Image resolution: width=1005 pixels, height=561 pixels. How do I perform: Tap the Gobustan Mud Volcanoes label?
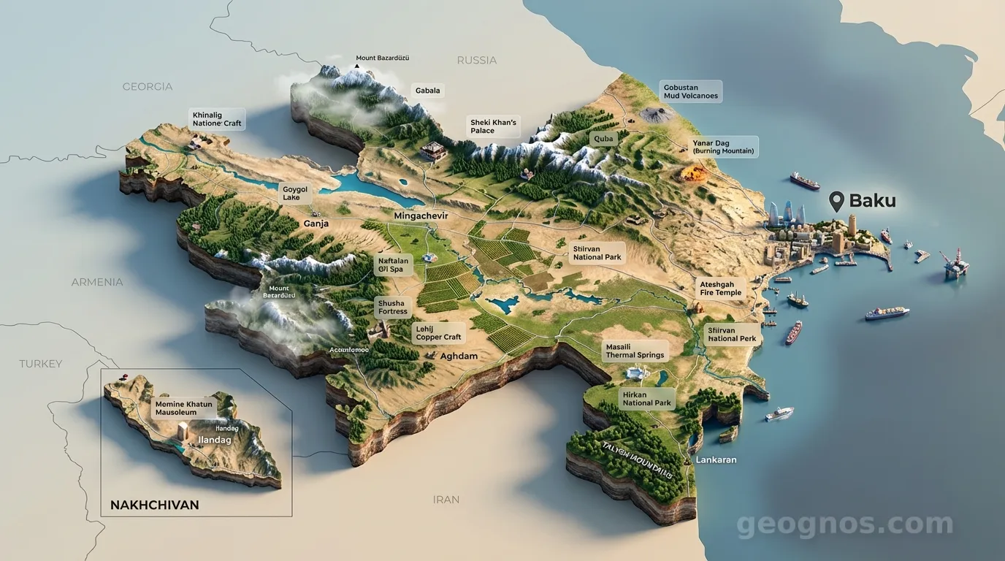click(690, 91)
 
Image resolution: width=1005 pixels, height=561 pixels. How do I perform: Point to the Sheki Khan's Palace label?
click(493, 126)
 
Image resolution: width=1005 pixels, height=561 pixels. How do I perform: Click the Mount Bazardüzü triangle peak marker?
click(357, 66)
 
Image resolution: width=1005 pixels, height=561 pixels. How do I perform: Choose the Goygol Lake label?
click(295, 193)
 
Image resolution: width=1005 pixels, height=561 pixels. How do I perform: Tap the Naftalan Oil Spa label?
click(393, 264)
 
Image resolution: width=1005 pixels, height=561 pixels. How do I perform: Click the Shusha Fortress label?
click(392, 307)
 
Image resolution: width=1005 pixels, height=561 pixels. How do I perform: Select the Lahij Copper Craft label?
click(438, 333)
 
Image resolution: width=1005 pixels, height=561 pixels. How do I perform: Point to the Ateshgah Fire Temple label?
click(720, 288)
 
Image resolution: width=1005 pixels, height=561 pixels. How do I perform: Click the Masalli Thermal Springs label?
click(635, 351)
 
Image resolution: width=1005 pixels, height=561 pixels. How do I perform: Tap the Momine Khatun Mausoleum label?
click(183, 408)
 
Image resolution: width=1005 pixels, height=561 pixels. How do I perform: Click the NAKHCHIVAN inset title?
click(154, 505)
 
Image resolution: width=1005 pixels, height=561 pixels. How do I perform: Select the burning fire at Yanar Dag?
click(690, 173)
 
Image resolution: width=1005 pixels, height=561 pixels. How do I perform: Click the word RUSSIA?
click(476, 60)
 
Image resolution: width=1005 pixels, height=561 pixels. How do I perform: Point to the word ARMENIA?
click(96, 282)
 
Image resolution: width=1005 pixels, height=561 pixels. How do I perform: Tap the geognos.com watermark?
click(844, 524)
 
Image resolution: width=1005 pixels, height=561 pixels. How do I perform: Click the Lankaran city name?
click(716, 460)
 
